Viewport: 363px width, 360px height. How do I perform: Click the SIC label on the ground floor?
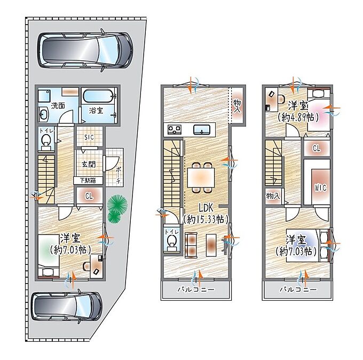pos(89,137)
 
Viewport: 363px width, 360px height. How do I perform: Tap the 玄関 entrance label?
pos(89,165)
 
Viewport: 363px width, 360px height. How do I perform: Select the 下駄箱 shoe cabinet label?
pos(88,181)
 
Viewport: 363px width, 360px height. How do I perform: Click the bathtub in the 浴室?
pos(99,96)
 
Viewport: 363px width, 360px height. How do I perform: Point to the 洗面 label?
pos(58,106)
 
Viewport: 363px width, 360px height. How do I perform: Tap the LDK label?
pos(206,208)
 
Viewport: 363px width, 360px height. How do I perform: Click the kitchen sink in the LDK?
pos(202,129)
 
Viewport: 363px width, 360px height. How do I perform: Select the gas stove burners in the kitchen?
pos(175,129)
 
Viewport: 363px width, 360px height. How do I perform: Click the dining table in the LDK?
pos(201,177)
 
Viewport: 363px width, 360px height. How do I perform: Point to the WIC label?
pos(320,187)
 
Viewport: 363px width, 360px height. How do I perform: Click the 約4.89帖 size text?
pos(298,118)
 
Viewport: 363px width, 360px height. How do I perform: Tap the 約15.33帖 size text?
pos(206,219)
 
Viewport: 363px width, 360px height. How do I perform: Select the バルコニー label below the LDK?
pos(196,289)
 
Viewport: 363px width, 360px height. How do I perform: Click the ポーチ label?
pos(119,175)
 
